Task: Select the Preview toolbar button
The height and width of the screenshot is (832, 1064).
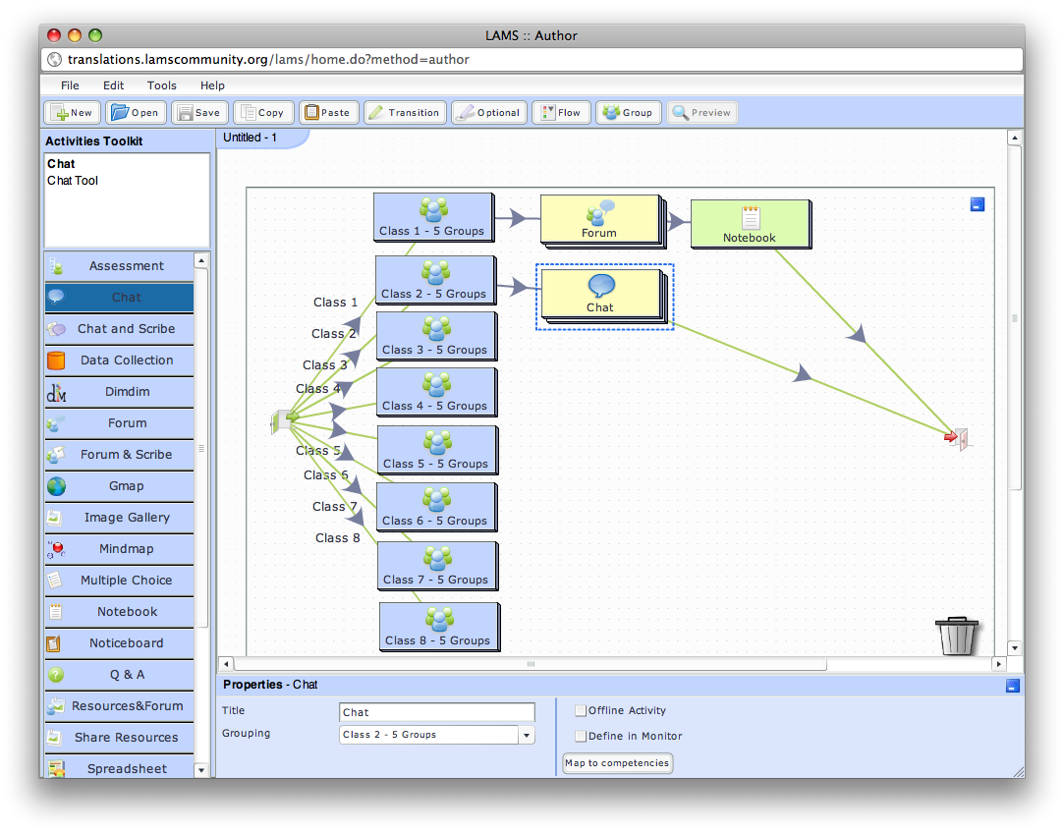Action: coord(701,112)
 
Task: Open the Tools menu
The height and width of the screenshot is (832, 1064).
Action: coord(162,85)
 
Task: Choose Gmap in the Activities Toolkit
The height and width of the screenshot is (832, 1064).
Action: coord(126,485)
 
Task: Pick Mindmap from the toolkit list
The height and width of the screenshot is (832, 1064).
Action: coord(126,548)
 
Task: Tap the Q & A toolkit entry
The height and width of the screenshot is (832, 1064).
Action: coord(126,674)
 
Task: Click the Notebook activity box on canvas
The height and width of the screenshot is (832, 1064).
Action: coord(750,224)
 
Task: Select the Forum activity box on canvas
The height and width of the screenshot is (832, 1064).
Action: coord(599,219)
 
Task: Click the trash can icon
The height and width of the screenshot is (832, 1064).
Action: coord(957,636)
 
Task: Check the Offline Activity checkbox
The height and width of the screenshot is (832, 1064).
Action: coord(581,710)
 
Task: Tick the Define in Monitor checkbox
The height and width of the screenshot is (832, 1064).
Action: coord(581,736)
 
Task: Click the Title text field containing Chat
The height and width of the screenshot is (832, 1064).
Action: coord(437,712)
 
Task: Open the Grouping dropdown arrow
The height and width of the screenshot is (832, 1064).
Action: coord(527,735)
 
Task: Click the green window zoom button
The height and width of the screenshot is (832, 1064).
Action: coord(95,35)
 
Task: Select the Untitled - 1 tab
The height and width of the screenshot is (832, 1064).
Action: coord(252,138)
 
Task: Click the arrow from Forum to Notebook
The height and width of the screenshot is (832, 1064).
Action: coord(677,222)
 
